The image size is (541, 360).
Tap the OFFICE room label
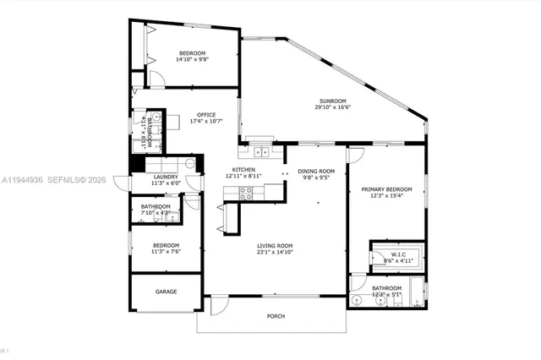(206, 115)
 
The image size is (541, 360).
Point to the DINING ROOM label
(316, 172)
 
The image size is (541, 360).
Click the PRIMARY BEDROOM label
(386, 189)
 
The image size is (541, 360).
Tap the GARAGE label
(166, 292)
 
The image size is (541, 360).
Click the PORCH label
(276, 316)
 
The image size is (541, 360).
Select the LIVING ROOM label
(276, 245)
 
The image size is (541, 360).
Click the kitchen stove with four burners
(246, 192)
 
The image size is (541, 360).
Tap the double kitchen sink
(260, 152)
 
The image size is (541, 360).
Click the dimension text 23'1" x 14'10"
(276, 252)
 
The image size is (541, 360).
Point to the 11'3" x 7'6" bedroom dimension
(166, 251)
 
